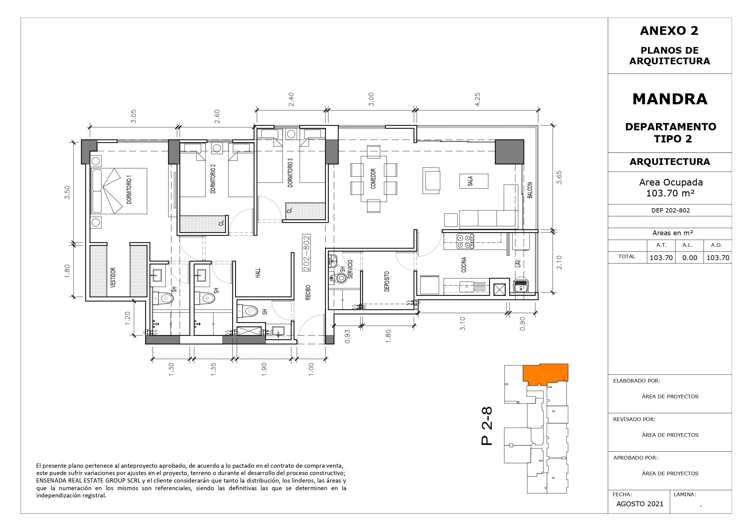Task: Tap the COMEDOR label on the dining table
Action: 373,179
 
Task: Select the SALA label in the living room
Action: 470,181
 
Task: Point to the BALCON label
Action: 530,190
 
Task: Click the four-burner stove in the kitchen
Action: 465,241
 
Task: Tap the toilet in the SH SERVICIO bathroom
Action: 339,278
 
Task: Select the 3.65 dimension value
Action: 559,177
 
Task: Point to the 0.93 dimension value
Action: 347,336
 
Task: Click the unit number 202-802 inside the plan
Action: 307,253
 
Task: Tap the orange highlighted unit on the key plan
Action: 545,374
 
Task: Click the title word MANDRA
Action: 670,99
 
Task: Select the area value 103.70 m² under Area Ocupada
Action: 670,193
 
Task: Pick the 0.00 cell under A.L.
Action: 690,258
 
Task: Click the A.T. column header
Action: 661,245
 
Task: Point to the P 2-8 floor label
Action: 487,426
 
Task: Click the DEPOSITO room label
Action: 387,281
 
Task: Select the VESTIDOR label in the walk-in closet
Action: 113,278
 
